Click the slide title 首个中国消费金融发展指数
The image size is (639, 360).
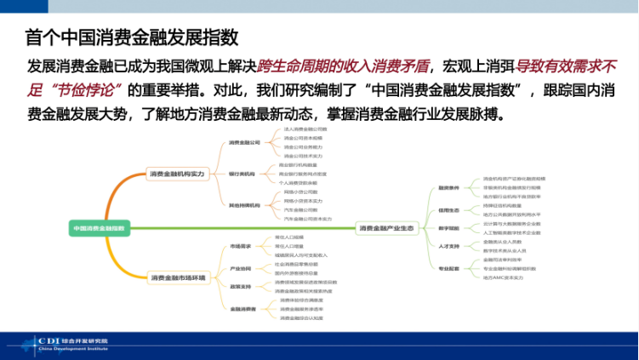coord(131,37)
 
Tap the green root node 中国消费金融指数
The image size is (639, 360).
coord(98,228)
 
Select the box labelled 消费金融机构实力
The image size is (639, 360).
coord(178,174)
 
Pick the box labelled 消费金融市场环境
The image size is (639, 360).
coord(178,277)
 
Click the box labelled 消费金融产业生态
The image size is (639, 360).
coord(385,228)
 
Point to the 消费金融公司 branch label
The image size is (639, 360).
coord(244,143)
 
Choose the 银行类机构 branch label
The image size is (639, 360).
coord(242,174)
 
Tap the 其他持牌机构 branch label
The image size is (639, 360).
coord(243,205)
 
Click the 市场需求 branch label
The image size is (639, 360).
coord(241,246)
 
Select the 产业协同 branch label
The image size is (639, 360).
coord(241,268)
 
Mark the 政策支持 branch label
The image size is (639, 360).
coord(241,287)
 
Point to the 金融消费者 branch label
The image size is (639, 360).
coord(243,309)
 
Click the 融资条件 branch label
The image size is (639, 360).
coord(448,188)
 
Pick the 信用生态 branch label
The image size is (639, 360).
coord(448,209)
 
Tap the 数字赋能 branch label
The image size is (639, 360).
coord(448,228)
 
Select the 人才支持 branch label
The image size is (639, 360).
coord(448,247)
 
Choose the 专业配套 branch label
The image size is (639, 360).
coord(448,269)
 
